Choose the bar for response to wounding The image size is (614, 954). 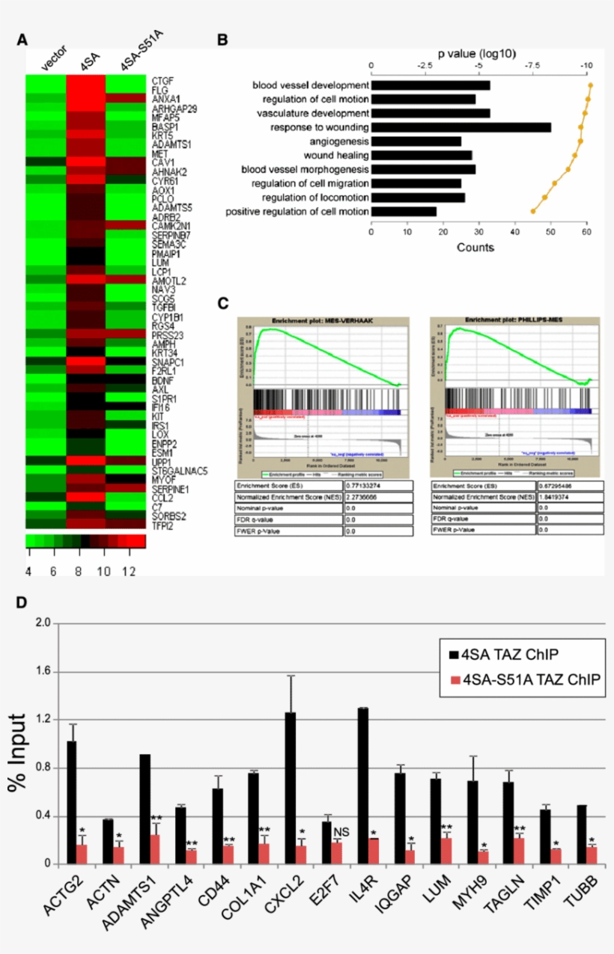tap(461, 127)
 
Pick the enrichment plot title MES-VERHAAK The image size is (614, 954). tap(323, 320)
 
